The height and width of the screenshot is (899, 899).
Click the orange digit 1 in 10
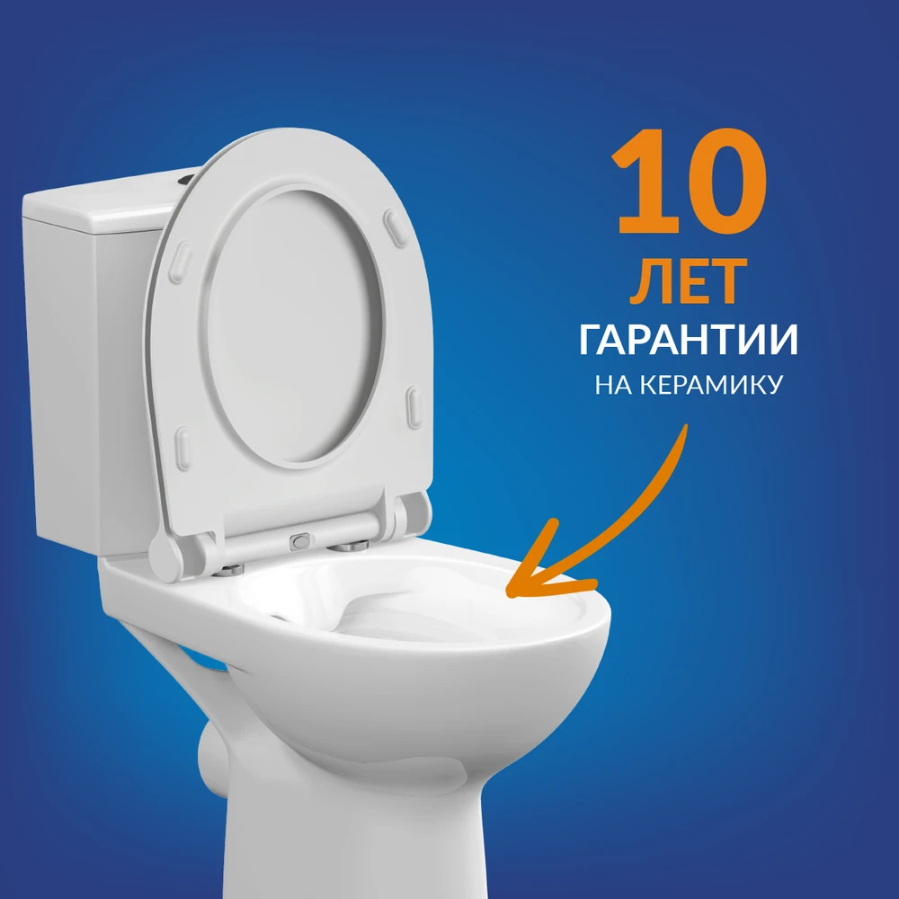[649, 182]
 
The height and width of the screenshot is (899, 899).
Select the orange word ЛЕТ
[688, 281]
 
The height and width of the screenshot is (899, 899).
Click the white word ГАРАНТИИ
[688, 340]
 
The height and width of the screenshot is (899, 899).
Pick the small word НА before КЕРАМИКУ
[613, 384]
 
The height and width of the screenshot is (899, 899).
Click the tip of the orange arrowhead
[508, 593]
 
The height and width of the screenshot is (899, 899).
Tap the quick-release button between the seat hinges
[300, 540]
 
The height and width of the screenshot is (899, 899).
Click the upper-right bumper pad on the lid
[396, 227]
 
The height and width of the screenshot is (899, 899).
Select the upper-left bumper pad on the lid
[180, 262]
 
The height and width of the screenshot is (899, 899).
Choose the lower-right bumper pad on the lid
[414, 407]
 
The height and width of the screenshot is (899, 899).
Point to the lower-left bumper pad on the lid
[182, 448]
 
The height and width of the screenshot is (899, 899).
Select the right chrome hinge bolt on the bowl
[347, 546]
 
